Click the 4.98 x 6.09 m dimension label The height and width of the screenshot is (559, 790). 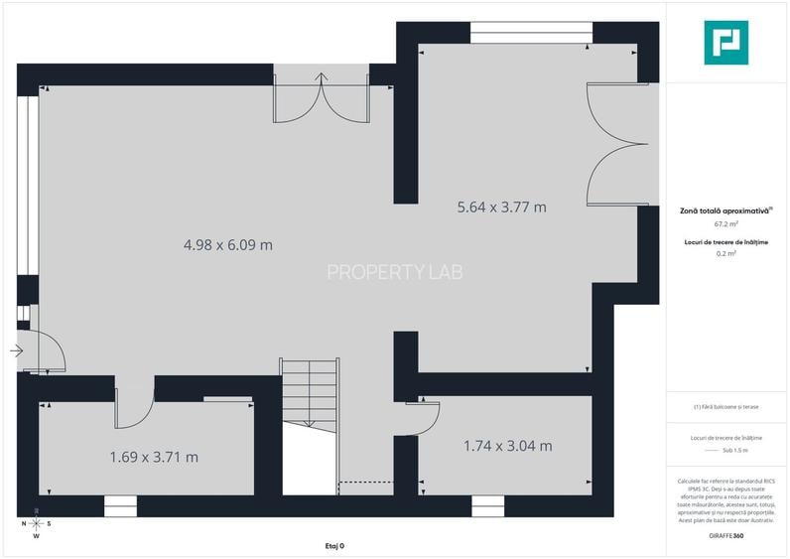227,244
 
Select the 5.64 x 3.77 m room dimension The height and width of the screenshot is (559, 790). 501,208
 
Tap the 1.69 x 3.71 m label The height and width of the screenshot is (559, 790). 154,457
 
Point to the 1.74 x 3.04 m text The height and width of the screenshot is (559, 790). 507,446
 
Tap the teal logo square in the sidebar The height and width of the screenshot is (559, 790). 725,43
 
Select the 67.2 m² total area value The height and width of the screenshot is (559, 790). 725,224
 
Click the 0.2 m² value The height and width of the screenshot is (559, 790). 725,254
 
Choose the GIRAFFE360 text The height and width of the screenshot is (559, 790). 725,536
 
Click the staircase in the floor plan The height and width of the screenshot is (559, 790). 310,391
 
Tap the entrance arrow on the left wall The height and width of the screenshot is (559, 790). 17,350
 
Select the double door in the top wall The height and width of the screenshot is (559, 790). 322,97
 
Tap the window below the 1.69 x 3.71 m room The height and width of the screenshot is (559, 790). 119,506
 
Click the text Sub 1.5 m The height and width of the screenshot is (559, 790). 725,451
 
